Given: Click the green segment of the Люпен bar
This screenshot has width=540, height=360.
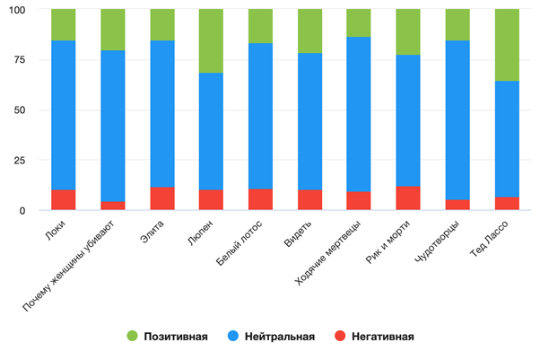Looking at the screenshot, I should click(x=211, y=40).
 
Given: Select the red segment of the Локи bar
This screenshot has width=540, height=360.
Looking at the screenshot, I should click(x=64, y=200).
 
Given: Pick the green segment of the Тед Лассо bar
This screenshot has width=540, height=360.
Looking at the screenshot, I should click(x=506, y=45).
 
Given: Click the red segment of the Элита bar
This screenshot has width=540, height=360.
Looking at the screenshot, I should click(x=161, y=198).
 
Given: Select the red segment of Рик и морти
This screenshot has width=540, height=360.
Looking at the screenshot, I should click(x=407, y=198).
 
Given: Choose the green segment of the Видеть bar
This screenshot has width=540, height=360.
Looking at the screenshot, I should click(x=309, y=31).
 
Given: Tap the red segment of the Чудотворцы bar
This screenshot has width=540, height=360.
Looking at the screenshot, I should click(x=457, y=205).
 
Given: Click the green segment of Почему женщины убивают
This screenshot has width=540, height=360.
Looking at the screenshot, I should click(x=113, y=30).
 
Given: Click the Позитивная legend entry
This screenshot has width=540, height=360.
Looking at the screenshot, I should click(x=170, y=337).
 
